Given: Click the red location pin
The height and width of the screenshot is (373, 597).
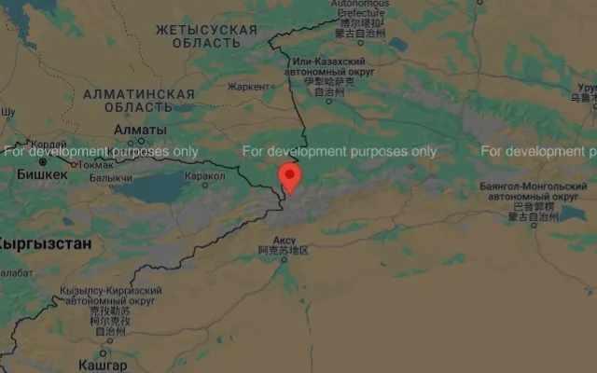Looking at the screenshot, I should (289, 176).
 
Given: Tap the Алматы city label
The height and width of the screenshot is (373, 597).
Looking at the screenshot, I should (140, 131).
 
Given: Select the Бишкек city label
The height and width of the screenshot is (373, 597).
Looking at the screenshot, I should (42, 174).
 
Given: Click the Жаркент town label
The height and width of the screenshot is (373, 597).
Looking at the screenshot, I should (247, 87).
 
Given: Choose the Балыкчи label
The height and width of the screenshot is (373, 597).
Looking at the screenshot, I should (111, 178).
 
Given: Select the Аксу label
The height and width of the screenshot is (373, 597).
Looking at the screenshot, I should (285, 240).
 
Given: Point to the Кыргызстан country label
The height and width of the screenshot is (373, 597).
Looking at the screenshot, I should (45, 244).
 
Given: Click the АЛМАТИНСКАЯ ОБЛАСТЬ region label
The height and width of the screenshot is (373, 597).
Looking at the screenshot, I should (138, 101).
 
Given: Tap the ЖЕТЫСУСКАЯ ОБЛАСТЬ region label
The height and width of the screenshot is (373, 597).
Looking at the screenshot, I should (205, 36).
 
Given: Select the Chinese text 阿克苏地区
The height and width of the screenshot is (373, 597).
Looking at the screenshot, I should (285, 251).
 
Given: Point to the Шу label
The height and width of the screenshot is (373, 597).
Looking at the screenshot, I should (7, 112).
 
